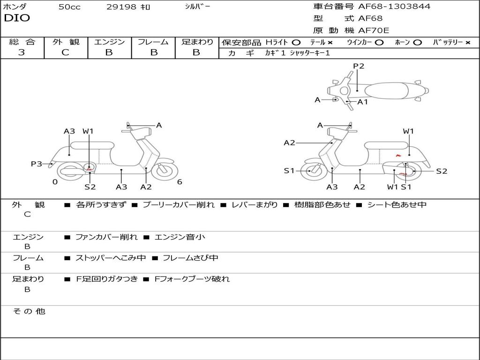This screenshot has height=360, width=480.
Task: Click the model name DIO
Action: point(17,18)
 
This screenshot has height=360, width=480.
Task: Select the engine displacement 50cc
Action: point(69,7)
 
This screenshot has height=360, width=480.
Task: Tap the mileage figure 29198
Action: point(121,7)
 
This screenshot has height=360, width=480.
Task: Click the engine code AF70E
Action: point(374,30)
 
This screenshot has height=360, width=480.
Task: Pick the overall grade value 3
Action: point(22,52)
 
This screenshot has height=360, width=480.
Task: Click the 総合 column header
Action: point(22,42)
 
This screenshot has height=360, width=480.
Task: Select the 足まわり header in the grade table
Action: point(197,42)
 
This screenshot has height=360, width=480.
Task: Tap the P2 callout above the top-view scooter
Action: point(359,66)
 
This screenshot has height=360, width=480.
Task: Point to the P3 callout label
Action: point(37,164)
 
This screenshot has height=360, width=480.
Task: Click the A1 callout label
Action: point(363,102)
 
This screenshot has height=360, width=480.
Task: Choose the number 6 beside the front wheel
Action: point(180,182)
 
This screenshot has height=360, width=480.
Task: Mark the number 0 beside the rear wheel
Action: point(55,182)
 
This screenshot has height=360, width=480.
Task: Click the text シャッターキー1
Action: point(310,53)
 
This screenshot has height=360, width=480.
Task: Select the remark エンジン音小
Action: point(180,237)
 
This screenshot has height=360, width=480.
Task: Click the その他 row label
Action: point(29,311)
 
